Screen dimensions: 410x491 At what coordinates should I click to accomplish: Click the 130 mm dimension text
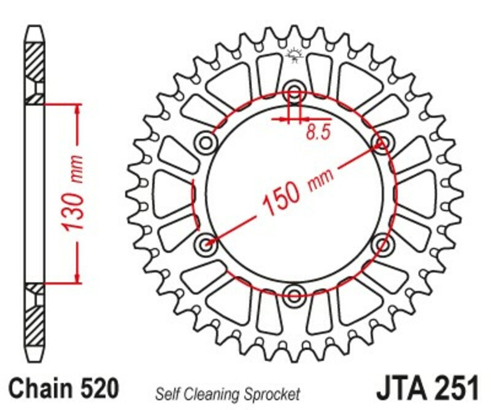(73, 193)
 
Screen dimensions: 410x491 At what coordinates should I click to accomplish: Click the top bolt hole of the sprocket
(295, 94)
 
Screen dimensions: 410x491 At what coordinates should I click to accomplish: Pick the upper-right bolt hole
(382, 142)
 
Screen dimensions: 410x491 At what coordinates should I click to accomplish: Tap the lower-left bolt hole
(206, 244)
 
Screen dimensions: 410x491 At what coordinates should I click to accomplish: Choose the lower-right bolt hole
(382, 244)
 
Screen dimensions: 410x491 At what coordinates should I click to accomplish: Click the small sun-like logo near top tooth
(295, 57)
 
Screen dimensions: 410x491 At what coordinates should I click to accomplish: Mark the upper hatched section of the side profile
(34, 64)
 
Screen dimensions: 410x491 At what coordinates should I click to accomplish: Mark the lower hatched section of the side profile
(34, 322)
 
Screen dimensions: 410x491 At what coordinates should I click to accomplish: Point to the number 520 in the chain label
(97, 389)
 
